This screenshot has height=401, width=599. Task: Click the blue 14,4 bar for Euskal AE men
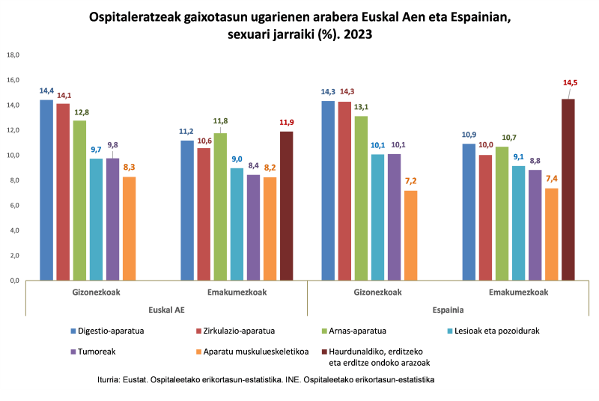(46, 190)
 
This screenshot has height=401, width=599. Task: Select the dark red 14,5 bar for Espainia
(568, 190)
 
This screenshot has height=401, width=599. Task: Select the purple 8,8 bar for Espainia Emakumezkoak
(535, 225)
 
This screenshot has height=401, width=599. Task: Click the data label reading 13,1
(362, 106)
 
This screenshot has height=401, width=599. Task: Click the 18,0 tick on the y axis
(13, 55)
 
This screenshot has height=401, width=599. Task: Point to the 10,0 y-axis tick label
(13, 156)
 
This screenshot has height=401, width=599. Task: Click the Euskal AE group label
(165, 309)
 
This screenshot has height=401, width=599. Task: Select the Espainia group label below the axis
(448, 309)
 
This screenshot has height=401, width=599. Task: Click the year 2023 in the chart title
(357, 34)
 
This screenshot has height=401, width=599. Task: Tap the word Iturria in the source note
(112, 380)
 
